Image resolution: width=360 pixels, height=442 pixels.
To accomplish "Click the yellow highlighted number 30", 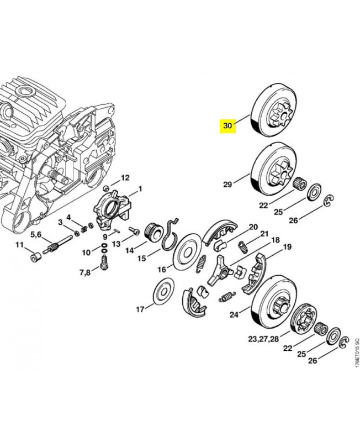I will click(x=227, y=125).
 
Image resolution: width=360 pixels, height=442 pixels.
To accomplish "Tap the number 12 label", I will click(x=125, y=178).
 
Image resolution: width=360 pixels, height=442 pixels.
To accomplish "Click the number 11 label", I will click(x=19, y=245).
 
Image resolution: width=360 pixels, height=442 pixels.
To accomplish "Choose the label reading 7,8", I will click(x=86, y=273).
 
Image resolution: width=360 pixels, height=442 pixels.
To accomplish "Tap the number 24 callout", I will click(x=234, y=315).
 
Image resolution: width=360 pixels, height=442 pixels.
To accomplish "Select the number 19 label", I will click(x=287, y=249).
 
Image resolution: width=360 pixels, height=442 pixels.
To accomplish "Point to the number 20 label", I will click(x=253, y=227).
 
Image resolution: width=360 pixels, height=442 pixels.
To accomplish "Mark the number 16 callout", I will click(x=162, y=270).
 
